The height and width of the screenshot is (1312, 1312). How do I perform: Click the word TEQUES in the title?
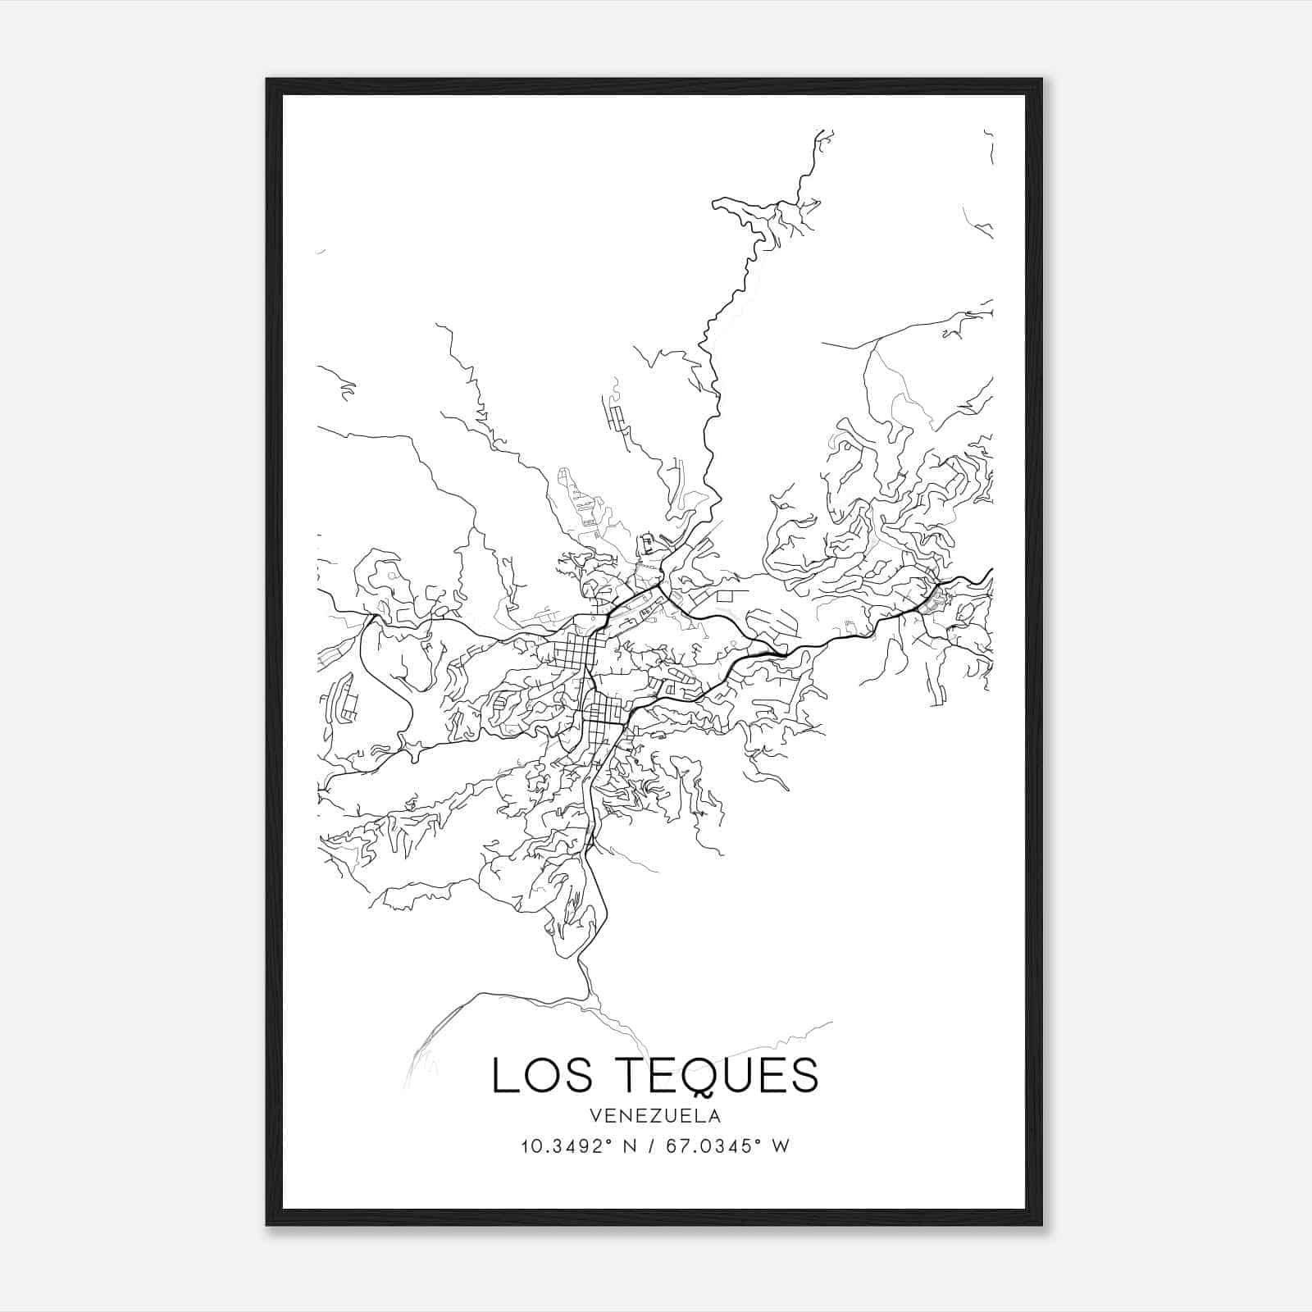pyautogui.click(x=716, y=1075)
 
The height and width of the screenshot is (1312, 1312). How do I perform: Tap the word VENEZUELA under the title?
pyautogui.click(x=654, y=1116)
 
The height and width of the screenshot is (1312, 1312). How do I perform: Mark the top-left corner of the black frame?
pyautogui.click(x=266, y=80)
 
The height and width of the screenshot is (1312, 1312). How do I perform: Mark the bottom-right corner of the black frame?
pyautogui.click(x=1041, y=1225)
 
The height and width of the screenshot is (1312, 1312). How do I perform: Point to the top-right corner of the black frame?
pyautogui.click(x=1041, y=80)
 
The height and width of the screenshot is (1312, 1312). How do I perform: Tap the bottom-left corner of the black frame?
pyautogui.click(x=266, y=1225)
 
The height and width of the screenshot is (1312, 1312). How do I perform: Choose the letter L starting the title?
pyautogui.click(x=503, y=1075)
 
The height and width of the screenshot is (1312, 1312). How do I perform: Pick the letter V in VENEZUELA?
pyautogui.click(x=593, y=1116)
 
